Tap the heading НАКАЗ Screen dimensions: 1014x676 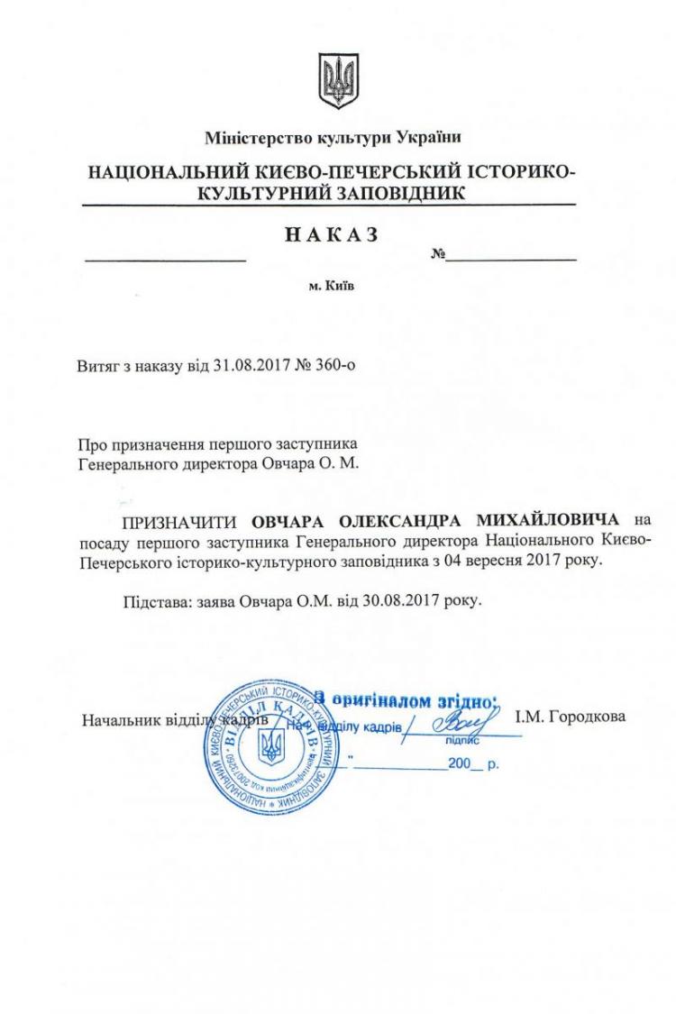click(x=332, y=233)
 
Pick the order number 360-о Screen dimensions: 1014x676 click(x=342, y=367)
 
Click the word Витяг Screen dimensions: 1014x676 click(x=98, y=367)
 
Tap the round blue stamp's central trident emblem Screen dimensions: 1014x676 click(x=269, y=747)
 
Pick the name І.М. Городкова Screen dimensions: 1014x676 click(x=570, y=719)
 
